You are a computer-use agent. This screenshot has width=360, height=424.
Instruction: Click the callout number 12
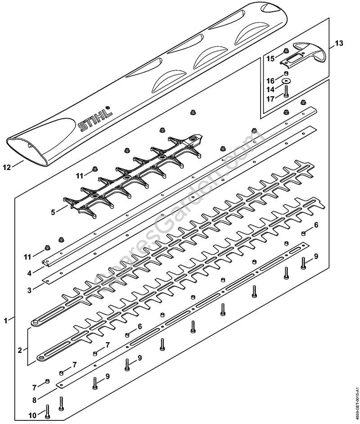6,168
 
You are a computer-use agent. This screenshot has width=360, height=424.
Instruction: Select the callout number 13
338,44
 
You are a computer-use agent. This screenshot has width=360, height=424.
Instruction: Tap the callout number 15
270,58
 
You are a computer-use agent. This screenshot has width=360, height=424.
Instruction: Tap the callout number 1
5,321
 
